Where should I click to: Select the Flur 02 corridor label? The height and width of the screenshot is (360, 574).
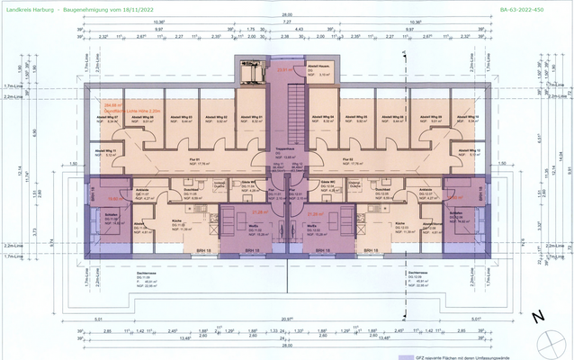point(349,161)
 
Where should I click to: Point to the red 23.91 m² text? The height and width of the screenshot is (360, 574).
point(286,70)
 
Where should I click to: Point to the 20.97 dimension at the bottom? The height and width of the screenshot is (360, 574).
point(287,319)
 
